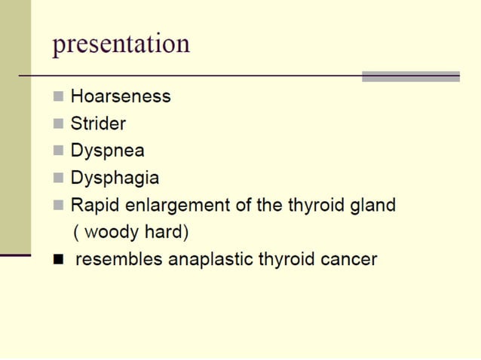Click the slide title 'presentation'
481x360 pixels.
click(x=121, y=44)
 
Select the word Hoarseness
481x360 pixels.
click(x=121, y=97)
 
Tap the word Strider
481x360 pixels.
click(x=98, y=124)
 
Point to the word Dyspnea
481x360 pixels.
click(x=108, y=151)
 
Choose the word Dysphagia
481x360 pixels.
click(x=115, y=178)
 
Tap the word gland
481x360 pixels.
click(x=371, y=205)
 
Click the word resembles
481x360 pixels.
click(x=119, y=261)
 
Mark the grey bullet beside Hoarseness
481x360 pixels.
click(x=59, y=97)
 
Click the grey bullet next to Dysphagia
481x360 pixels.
click(x=59, y=178)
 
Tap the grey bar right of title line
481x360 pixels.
click(x=410, y=76)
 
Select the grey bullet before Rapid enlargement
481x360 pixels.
click(x=59, y=206)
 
